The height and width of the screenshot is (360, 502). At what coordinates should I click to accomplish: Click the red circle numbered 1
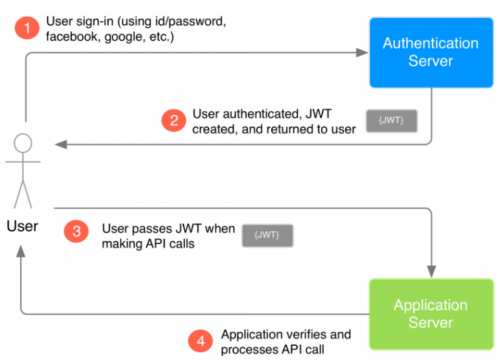click(x=28, y=28)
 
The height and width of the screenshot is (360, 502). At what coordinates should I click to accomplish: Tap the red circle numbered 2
click(x=174, y=121)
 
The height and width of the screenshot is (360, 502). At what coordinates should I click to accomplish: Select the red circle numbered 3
click(x=76, y=231)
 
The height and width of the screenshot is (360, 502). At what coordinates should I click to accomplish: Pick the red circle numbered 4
click(x=200, y=341)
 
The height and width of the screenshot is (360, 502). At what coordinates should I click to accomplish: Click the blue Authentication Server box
click(x=430, y=53)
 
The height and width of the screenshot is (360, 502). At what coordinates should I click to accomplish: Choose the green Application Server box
click(x=430, y=313)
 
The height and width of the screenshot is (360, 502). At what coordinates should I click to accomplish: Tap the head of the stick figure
click(x=23, y=143)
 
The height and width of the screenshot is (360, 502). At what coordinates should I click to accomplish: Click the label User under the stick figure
click(x=22, y=226)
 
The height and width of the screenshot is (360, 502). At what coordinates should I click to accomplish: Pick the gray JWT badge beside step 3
click(x=267, y=235)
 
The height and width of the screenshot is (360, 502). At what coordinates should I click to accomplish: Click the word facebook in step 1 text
click(x=69, y=36)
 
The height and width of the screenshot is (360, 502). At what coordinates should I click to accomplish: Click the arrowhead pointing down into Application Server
click(x=430, y=271)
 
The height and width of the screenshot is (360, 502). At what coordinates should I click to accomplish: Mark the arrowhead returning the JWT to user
click(x=61, y=144)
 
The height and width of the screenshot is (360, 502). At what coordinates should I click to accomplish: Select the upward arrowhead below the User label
click(x=22, y=251)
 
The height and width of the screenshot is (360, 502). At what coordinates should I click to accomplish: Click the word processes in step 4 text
click(x=248, y=349)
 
